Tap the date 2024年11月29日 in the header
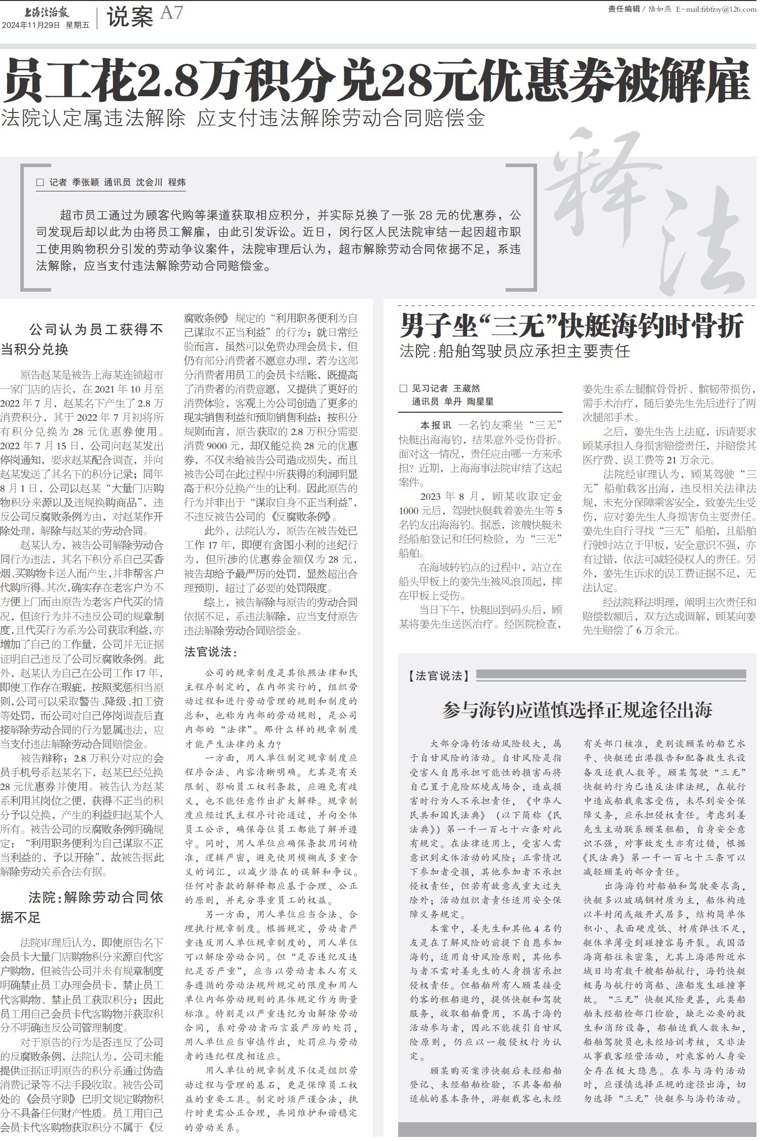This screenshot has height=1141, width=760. tap(31, 25)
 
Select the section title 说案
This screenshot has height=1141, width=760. tap(130, 18)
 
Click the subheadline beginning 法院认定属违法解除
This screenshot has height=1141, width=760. tap(243, 118)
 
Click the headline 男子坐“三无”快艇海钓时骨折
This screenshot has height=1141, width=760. tap(572, 326)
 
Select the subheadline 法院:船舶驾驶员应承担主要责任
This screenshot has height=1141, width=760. tap(515, 351)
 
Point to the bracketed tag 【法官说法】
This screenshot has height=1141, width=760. tap(439, 676)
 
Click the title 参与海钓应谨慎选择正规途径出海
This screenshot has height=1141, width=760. tap(577, 710)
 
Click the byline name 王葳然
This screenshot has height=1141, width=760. tap(466, 388)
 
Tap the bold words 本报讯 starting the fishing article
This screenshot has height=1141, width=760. tap(435, 425)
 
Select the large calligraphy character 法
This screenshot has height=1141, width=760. tap(694, 253)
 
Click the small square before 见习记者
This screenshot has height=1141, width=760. tap(403, 388)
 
